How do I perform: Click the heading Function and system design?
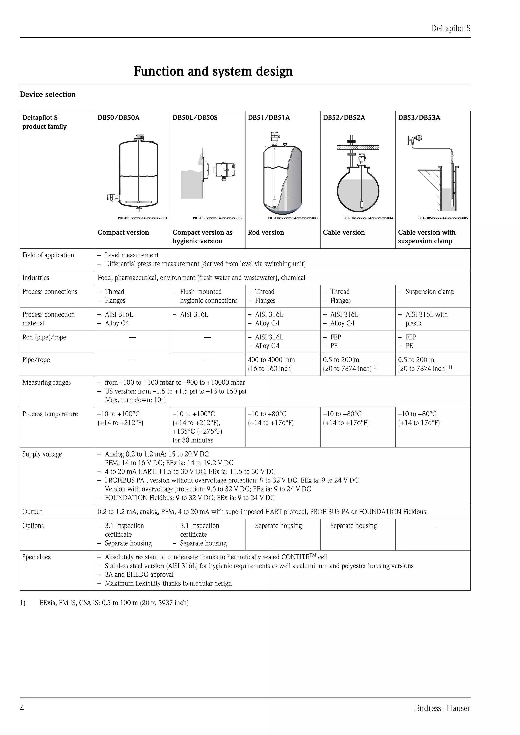click(x=213, y=71)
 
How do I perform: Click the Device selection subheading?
click(x=48, y=94)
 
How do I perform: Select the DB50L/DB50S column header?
click(x=195, y=117)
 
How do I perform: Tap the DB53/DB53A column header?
click(x=419, y=117)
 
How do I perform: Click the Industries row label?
click(x=36, y=278)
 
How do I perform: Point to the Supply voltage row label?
click(x=42, y=454)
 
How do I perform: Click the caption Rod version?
click(x=266, y=232)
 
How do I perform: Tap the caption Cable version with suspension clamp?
click(x=427, y=237)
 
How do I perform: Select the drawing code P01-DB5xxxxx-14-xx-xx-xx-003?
click(x=292, y=218)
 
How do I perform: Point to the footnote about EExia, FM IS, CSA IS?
click(x=114, y=603)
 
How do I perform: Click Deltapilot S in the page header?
click(x=450, y=28)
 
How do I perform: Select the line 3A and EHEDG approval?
click(x=139, y=575)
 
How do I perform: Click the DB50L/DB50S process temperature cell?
click(x=197, y=427)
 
